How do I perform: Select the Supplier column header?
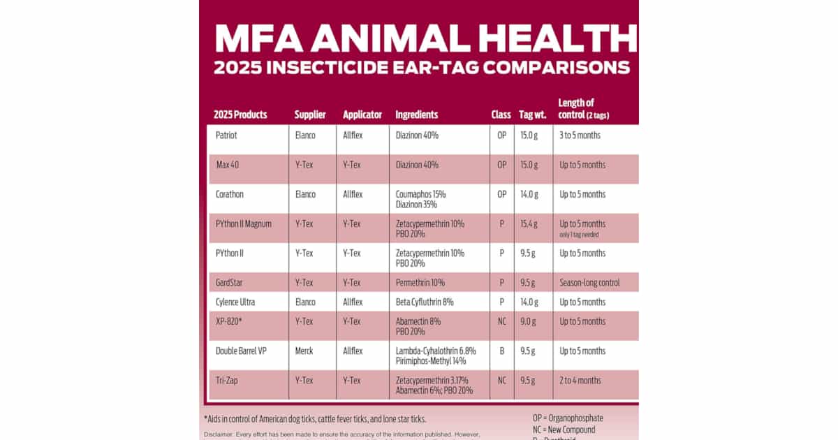pos(310,115)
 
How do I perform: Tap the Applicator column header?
pos(362,115)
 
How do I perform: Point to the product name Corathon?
pos(230,195)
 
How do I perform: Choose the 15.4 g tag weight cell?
pos(529,224)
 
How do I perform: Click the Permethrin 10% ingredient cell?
pos(420,283)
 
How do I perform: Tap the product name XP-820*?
pos(229,322)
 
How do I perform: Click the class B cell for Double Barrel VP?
pos(501,351)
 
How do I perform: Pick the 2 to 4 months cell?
pos(580,381)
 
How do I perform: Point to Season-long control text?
pos(589,283)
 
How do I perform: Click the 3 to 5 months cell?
pos(580,135)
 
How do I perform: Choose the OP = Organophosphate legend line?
pos(568,418)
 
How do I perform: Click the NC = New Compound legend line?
pos(564,430)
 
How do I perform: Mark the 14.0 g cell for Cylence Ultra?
pos(529,302)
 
